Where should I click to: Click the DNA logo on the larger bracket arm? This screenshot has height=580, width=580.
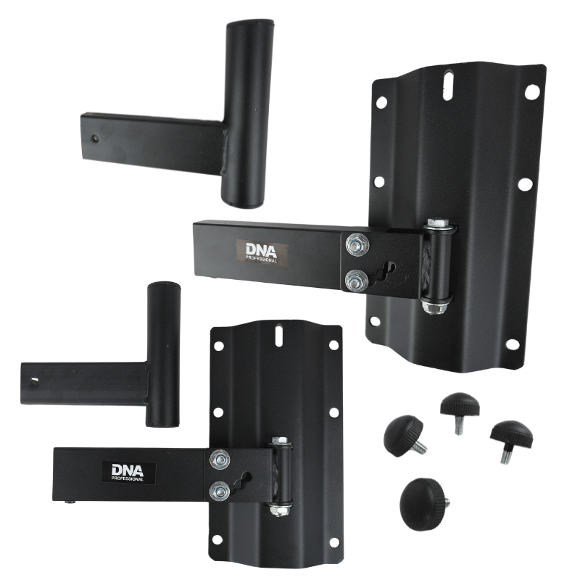coord(262,252)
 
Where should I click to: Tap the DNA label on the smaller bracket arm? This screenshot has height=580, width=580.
coord(128,473)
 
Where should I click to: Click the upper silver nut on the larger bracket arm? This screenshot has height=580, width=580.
coord(356,244)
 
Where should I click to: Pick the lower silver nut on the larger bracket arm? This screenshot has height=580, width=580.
coord(355,281)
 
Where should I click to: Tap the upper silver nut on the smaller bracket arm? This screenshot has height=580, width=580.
coord(220,460)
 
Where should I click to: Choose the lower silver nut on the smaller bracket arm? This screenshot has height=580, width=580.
coord(220,492)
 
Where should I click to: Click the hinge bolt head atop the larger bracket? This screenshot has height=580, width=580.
coord(438,223)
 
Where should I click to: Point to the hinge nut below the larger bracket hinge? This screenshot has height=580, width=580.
coord(436,307)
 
